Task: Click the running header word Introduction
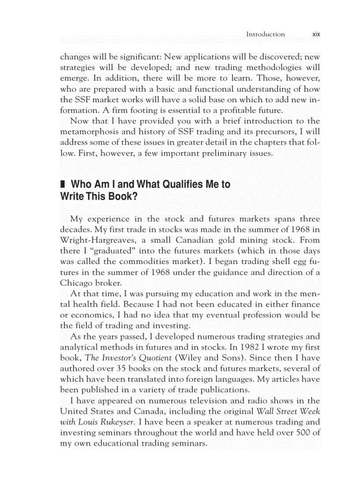265,34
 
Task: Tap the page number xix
315,34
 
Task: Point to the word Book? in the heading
120,197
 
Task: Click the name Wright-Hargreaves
98,240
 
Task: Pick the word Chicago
76,283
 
